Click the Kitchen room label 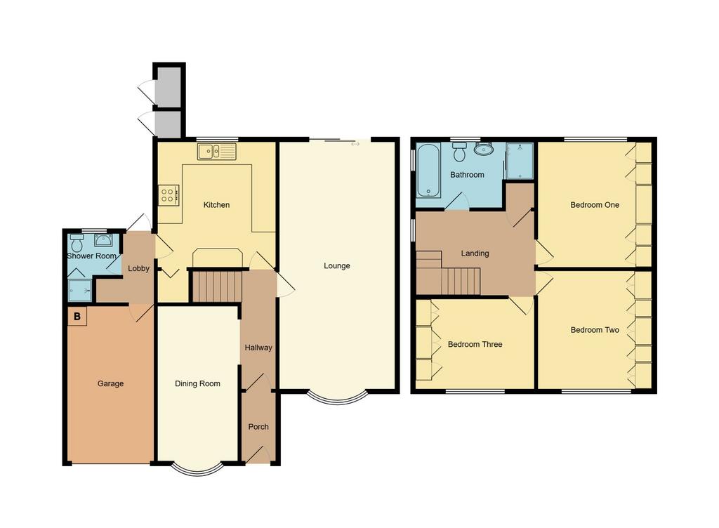[x=216, y=205]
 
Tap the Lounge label [x=337, y=266]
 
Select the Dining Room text [x=197, y=383]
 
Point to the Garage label [x=110, y=383]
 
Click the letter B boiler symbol [x=77, y=316]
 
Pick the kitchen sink [x=217, y=151]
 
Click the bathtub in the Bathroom [x=428, y=171]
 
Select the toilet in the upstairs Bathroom [x=459, y=152]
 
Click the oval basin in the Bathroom [x=484, y=149]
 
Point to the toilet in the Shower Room [x=77, y=243]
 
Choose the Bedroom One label [x=595, y=205]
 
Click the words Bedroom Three [x=475, y=344]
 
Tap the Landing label [x=475, y=253]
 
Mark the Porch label [x=258, y=427]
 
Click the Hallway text [x=258, y=348]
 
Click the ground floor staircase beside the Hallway [x=216, y=286]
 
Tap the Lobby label [x=138, y=268]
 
